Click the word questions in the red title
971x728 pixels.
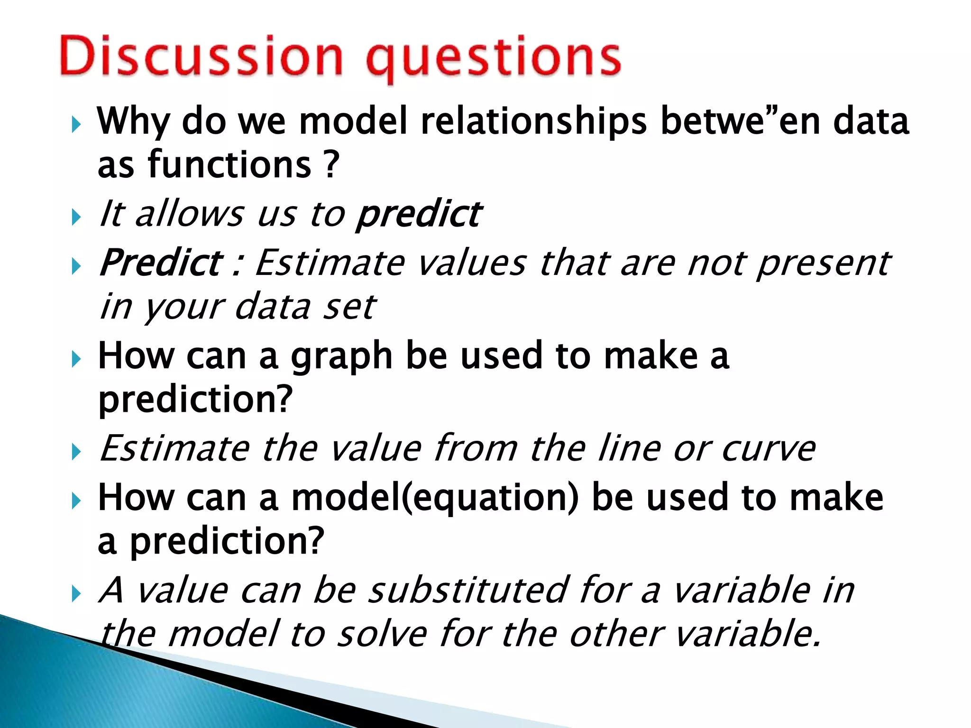(493, 59)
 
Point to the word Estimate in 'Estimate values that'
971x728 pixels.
(330, 263)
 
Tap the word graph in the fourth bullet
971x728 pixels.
(341, 358)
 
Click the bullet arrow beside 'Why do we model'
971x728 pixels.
(76, 125)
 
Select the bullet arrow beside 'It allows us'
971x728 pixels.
(76, 218)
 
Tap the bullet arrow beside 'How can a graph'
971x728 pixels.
(76, 360)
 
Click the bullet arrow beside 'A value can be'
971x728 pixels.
(76, 593)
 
